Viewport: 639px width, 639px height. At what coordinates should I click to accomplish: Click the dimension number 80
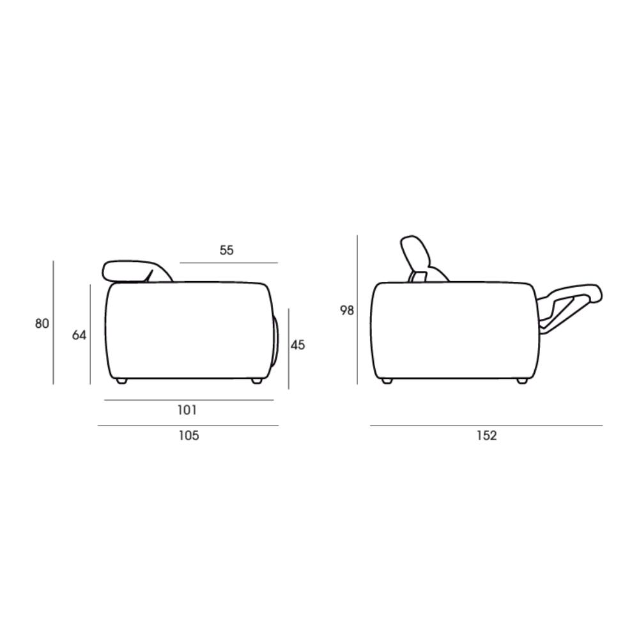click(x=42, y=323)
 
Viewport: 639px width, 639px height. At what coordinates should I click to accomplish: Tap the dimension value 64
click(x=79, y=335)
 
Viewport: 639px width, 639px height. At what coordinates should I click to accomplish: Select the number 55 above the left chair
click(x=227, y=250)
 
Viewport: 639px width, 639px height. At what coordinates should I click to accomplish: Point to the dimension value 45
click(x=298, y=345)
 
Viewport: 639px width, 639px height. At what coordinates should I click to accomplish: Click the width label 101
click(x=187, y=410)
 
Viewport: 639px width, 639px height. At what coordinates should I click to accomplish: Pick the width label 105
click(x=189, y=436)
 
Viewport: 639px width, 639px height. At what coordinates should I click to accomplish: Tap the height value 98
click(x=347, y=311)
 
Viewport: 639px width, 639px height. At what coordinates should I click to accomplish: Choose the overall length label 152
click(x=486, y=436)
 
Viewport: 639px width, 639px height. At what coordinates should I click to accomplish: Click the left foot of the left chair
click(x=121, y=381)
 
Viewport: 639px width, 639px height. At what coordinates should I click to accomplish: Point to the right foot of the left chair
click(x=257, y=381)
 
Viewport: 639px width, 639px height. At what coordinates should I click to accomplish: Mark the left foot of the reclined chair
click(x=386, y=381)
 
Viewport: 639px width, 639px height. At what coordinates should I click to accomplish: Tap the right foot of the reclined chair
click(x=522, y=381)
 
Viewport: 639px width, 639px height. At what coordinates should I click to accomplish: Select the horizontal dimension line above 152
click(x=486, y=425)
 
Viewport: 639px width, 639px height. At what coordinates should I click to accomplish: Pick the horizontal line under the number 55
click(x=229, y=263)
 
